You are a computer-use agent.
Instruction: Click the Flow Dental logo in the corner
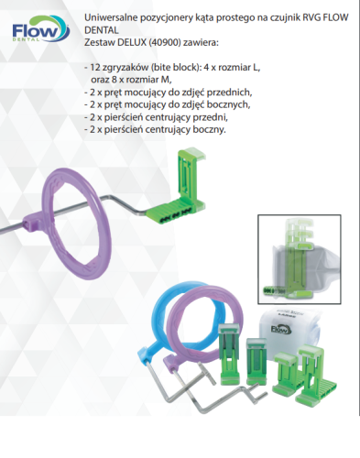click(x=41, y=29)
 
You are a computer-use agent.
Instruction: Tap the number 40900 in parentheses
click(x=164, y=42)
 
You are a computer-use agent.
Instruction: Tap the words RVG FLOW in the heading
click(x=325, y=17)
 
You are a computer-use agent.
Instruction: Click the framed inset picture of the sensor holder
click(x=300, y=259)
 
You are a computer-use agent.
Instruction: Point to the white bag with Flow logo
click(x=289, y=330)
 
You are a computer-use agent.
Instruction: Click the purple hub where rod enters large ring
click(x=36, y=223)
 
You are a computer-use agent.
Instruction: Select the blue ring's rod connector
click(x=146, y=354)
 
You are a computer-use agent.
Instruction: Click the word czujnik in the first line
click(x=285, y=17)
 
